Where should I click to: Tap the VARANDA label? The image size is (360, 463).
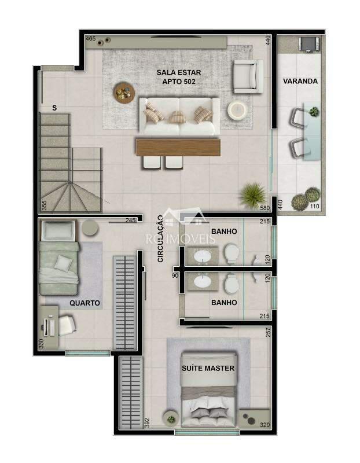click(300, 81)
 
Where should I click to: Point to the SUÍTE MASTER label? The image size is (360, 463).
click(208, 368)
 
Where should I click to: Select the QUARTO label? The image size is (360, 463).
click(85, 303)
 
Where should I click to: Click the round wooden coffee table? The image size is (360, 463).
click(124, 93)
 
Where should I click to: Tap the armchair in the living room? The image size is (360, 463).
click(247, 77)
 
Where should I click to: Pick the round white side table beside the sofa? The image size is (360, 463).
click(237, 110)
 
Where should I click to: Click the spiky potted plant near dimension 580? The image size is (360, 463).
click(252, 194)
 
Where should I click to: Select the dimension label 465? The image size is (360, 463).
click(91, 39)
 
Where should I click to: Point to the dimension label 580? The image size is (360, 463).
click(265, 207)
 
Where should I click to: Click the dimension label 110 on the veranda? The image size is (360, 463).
click(315, 207)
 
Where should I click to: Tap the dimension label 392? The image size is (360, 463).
click(147, 424)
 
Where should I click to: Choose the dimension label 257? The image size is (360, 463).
click(268, 333)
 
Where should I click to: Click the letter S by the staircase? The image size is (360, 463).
click(54, 108)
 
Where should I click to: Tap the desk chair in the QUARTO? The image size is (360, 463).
click(67, 324)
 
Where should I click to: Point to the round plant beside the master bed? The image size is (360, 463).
click(171, 418)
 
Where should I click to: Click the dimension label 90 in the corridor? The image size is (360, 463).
click(175, 275)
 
